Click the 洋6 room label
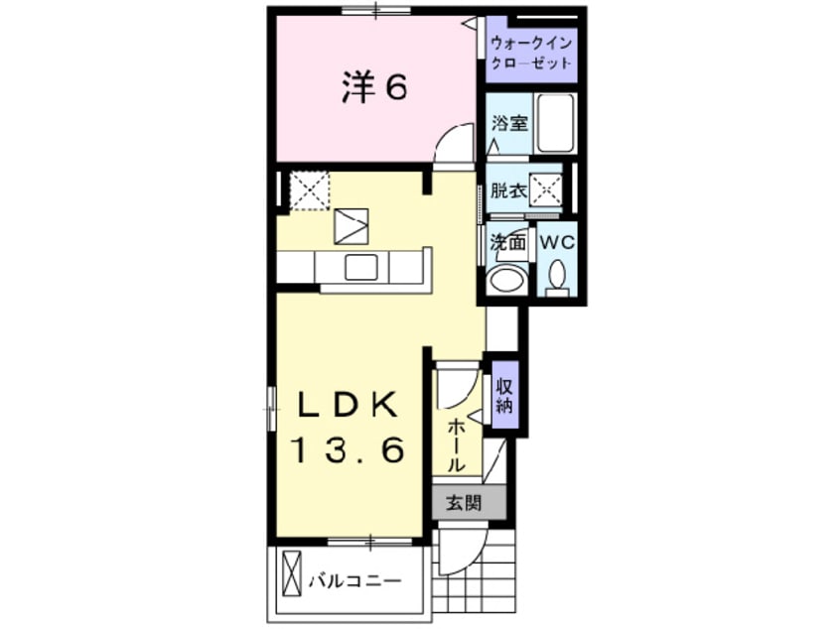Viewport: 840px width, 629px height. (x=374, y=89)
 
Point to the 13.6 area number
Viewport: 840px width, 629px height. (x=349, y=451)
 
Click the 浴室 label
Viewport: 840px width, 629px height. (x=510, y=124)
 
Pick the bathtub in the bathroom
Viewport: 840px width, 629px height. (x=554, y=123)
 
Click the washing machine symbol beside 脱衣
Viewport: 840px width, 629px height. (x=545, y=189)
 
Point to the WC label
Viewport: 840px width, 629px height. (x=556, y=240)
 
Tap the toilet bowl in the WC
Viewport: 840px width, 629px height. (x=556, y=275)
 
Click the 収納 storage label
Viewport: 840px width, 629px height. (x=503, y=395)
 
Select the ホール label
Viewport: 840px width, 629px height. (x=456, y=443)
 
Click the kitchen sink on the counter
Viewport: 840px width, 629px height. (x=360, y=267)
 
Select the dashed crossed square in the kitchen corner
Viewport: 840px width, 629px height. (x=308, y=189)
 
